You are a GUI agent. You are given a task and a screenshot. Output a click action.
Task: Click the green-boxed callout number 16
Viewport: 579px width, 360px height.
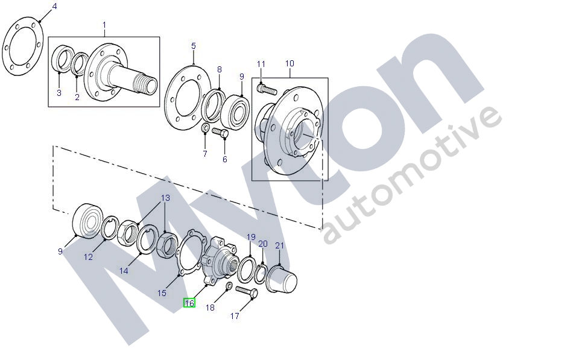pos(189,303)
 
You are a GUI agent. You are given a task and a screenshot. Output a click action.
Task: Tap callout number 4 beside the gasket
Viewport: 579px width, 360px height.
pos(54,7)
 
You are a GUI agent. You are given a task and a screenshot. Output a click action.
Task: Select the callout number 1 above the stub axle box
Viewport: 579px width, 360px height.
pos(104,25)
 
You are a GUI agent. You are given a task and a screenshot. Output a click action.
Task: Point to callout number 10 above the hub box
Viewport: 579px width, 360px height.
pos(289,63)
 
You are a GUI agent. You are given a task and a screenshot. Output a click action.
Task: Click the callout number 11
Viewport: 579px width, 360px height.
pos(261,65)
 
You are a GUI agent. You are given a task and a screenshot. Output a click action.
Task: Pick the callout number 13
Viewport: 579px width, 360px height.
pos(165,198)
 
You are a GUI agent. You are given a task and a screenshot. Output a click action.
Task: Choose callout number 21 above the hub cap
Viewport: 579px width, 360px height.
pos(280,245)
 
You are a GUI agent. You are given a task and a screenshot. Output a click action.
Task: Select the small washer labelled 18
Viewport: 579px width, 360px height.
pos(229,286)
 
